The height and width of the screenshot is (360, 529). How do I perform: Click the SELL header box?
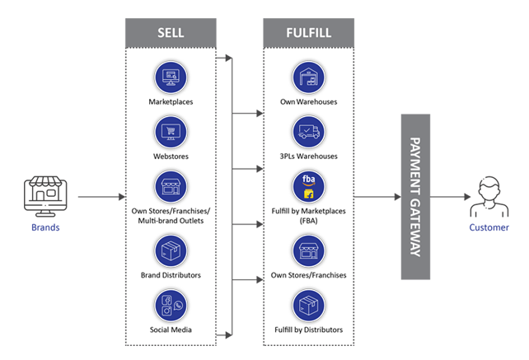tap(171, 33)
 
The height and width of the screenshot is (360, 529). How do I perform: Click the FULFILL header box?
tap(309, 33)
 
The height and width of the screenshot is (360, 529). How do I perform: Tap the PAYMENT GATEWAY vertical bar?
tap(415, 197)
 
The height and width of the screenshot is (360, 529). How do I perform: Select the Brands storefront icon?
tap(45, 196)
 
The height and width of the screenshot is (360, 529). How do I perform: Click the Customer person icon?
tap(489, 196)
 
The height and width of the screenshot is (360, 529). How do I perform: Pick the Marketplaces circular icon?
tap(171, 77)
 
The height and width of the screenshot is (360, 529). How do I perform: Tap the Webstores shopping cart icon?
tap(171, 132)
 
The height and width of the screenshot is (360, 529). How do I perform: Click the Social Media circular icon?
tap(171, 306)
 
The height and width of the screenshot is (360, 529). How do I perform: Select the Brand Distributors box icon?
tap(171, 251)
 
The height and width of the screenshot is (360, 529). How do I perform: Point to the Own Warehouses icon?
tap(309, 77)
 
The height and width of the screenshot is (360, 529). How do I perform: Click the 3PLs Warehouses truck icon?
tap(309, 132)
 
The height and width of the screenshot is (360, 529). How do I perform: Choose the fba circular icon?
tap(309, 186)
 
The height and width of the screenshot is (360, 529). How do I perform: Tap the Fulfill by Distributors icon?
tap(309, 306)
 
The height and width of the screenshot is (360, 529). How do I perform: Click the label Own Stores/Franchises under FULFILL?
tap(309, 275)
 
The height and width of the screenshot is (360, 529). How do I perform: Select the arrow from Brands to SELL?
tap(101, 197)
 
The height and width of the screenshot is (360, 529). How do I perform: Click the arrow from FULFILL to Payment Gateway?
tap(377, 197)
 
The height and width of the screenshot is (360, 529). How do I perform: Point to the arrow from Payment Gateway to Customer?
tap(450, 197)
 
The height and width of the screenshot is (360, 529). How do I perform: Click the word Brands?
tap(45, 227)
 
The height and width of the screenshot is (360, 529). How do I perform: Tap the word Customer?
tap(489, 227)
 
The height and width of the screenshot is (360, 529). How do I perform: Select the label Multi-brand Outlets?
tap(171, 221)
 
